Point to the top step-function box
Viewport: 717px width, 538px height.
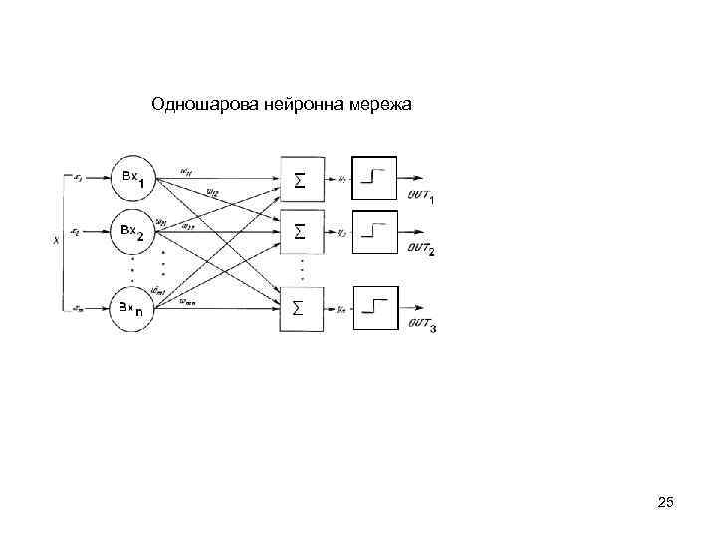pyautogui.click(x=374, y=179)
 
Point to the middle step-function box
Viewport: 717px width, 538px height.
pyautogui.click(x=374, y=232)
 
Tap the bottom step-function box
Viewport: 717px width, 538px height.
pyautogui.click(x=374, y=308)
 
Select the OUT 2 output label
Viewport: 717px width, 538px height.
pyautogui.click(x=421, y=248)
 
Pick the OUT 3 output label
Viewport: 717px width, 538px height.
pyautogui.click(x=421, y=325)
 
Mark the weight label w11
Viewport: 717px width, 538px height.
pyautogui.click(x=186, y=171)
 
